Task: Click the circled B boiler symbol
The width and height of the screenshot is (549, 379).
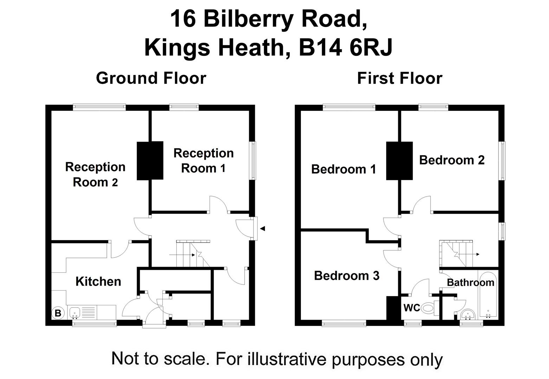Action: pos(58,313)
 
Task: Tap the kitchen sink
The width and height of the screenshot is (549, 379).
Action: pos(75,313)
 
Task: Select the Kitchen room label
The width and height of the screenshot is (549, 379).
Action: pos(98,281)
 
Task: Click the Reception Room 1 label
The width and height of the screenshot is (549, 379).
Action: pos(204,160)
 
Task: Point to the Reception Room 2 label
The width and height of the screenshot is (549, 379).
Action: pos(95,174)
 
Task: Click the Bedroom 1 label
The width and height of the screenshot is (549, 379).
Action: pos(344,169)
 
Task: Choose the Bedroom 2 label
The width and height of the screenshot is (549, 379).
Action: pos(452,160)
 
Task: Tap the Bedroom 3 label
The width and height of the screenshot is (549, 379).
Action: pos(347,275)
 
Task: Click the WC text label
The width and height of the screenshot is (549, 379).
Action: pos(412,308)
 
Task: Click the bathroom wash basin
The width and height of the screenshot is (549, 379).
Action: pos(467,314)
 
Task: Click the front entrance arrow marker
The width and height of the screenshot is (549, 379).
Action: pos(263,229)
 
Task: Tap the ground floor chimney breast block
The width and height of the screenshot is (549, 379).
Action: pos(150,160)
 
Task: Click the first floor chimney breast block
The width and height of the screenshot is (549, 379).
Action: pos(400,161)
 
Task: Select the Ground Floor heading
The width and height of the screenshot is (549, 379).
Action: pos(151,78)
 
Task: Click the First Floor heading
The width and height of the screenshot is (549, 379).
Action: pos(400,78)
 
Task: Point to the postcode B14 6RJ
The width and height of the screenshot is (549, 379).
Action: pos(345,47)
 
